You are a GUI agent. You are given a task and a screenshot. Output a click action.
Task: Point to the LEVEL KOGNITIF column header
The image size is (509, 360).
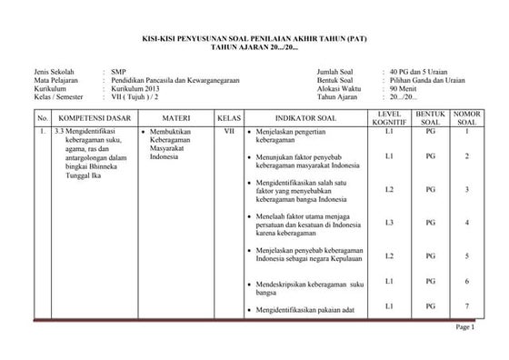388,117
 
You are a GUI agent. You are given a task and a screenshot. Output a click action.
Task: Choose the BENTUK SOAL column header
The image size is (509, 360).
431,117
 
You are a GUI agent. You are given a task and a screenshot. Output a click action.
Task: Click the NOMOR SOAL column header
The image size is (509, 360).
467,117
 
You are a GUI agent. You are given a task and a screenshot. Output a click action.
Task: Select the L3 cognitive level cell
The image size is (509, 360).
388,222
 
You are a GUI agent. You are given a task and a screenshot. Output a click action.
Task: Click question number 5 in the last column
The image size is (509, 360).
466,255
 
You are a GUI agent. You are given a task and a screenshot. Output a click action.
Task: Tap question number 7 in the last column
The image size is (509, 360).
466,306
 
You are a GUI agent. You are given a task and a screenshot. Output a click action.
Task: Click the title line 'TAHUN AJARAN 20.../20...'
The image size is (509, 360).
254,45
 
